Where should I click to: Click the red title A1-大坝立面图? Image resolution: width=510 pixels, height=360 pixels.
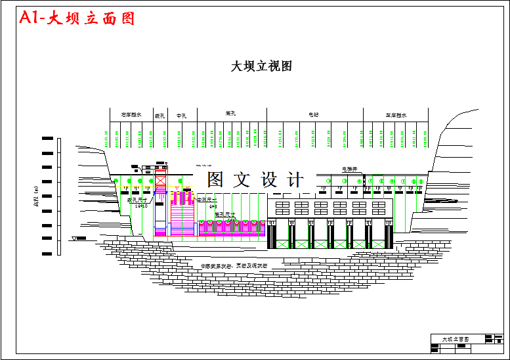click(77, 18)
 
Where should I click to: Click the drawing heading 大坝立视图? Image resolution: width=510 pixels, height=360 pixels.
click(261, 66)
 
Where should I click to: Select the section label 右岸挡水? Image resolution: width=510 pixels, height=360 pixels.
click(131, 115)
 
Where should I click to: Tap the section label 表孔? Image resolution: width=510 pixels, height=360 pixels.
click(159, 116)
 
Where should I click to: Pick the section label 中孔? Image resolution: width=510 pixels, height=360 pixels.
click(182, 116)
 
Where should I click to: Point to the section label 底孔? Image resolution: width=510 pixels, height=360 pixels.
click(230, 114)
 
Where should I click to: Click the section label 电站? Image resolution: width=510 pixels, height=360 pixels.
click(314, 115)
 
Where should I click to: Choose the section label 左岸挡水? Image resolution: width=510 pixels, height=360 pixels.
click(396, 115)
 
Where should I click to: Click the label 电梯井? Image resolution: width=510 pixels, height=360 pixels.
click(350, 169)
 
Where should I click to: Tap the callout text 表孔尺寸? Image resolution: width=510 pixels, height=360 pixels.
click(137, 200)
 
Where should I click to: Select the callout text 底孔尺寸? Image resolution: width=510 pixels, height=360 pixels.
click(225, 214)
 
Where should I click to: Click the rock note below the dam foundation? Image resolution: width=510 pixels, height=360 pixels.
click(234, 266)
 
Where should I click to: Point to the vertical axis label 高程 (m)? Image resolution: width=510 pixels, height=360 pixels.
click(35, 195)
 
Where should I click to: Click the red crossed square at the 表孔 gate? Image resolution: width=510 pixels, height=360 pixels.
click(161, 180)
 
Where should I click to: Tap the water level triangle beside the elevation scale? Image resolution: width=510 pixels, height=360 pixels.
click(75, 238)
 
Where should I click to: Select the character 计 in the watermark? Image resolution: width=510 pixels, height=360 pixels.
click(295, 179)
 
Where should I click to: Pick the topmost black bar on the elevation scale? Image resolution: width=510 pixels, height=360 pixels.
click(47, 139)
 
